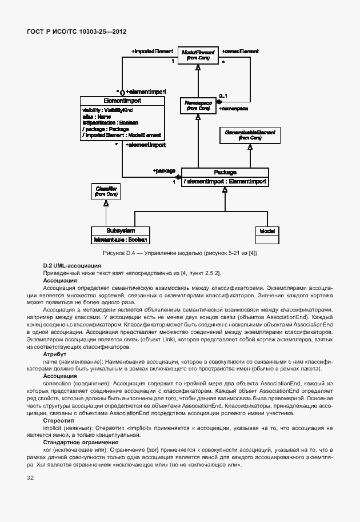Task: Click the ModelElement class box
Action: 197,54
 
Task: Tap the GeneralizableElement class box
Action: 250,135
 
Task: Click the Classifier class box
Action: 106,192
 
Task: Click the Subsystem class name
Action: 121,230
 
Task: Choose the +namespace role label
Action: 233,108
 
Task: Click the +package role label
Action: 163,170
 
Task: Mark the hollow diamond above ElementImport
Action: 122,91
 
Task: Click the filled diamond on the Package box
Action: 178,177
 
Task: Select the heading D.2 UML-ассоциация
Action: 72,265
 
